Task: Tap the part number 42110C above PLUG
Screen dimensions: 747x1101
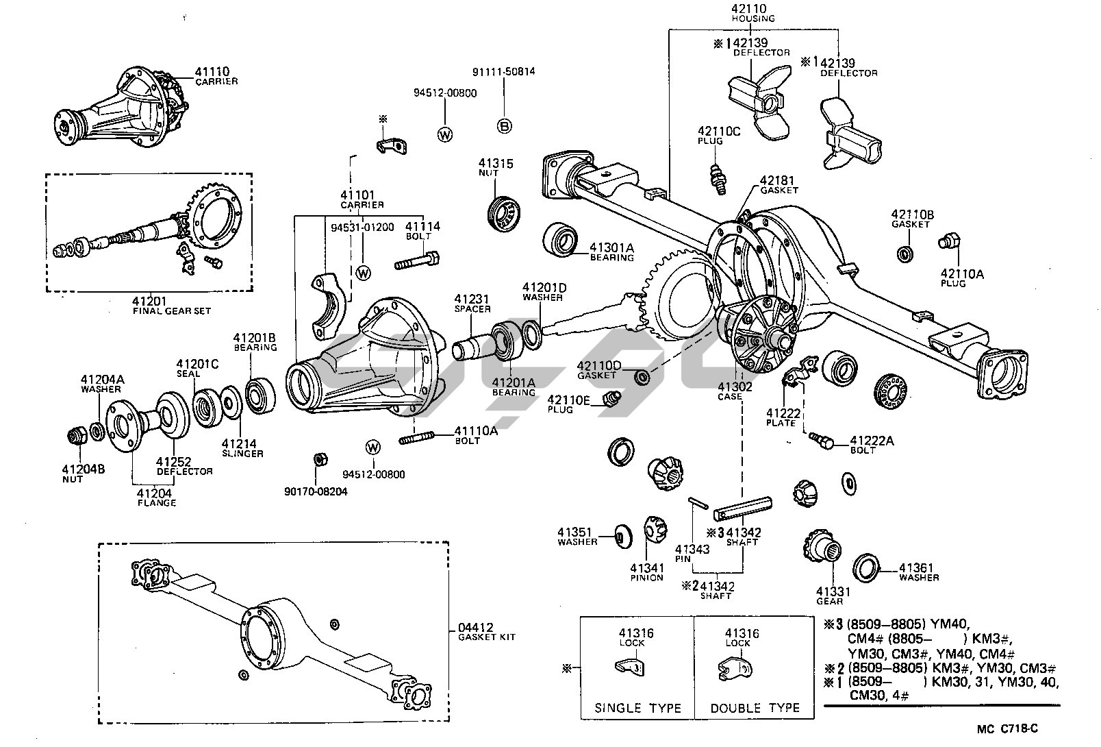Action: [x=719, y=131]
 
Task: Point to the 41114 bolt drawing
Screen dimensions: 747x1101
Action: [x=416, y=261]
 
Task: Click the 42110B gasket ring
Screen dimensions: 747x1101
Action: [x=905, y=254]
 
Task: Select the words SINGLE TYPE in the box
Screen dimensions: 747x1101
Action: [x=637, y=708]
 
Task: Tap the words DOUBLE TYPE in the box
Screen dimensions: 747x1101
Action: [x=755, y=708]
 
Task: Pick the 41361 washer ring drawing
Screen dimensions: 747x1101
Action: [x=866, y=568]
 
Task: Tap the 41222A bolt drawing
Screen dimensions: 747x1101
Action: [x=822, y=439]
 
